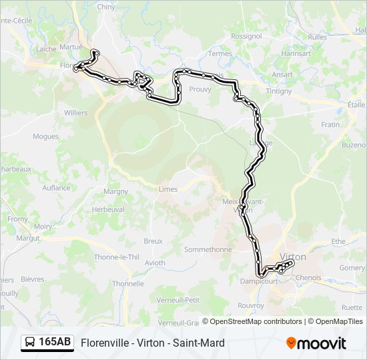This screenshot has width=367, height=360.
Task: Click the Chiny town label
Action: [106, 6]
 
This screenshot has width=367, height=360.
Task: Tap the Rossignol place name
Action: [246, 36]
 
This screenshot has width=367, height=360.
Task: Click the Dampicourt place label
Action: [258, 281]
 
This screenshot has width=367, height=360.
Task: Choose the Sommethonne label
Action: [208, 249]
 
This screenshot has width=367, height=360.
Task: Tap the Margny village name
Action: [115, 191]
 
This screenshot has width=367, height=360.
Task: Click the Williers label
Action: [75, 113]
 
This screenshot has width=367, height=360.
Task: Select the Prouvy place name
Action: [200, 89]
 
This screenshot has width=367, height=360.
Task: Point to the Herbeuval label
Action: [107, 209]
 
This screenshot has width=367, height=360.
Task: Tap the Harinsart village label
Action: [296, 53]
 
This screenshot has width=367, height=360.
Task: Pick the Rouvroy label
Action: [250, 307]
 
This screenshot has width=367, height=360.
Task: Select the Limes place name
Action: [168, 189]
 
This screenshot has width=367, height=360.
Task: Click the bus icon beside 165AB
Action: [31, 343]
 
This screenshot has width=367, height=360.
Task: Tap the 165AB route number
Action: [55, 343]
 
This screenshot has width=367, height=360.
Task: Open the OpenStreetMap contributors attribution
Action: [256, 321]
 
